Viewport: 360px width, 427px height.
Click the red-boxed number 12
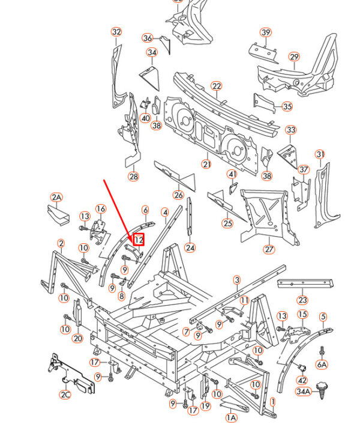tap(139, 239)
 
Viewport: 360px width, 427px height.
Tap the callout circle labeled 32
tap(116, 32)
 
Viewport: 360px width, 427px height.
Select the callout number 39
tap(266, 32)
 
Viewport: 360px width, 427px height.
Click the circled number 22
tap(217, 86)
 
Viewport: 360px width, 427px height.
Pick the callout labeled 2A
tap(56, 197)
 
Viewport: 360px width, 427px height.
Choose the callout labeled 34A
tap(304, 392)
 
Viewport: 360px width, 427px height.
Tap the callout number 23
tap(302, 300)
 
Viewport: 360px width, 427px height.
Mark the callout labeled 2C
tap(65, 395)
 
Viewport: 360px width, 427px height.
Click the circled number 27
tap(268, 249)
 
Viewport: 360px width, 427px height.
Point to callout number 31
tap(320, 155)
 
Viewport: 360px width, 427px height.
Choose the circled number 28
tap(133, 176)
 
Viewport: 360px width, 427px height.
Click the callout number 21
tap(206, 165)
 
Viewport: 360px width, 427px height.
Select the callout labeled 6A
tap(322, 363)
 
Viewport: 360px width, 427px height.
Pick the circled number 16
tap(101, 208)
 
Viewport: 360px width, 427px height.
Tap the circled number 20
tap(77, 338)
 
